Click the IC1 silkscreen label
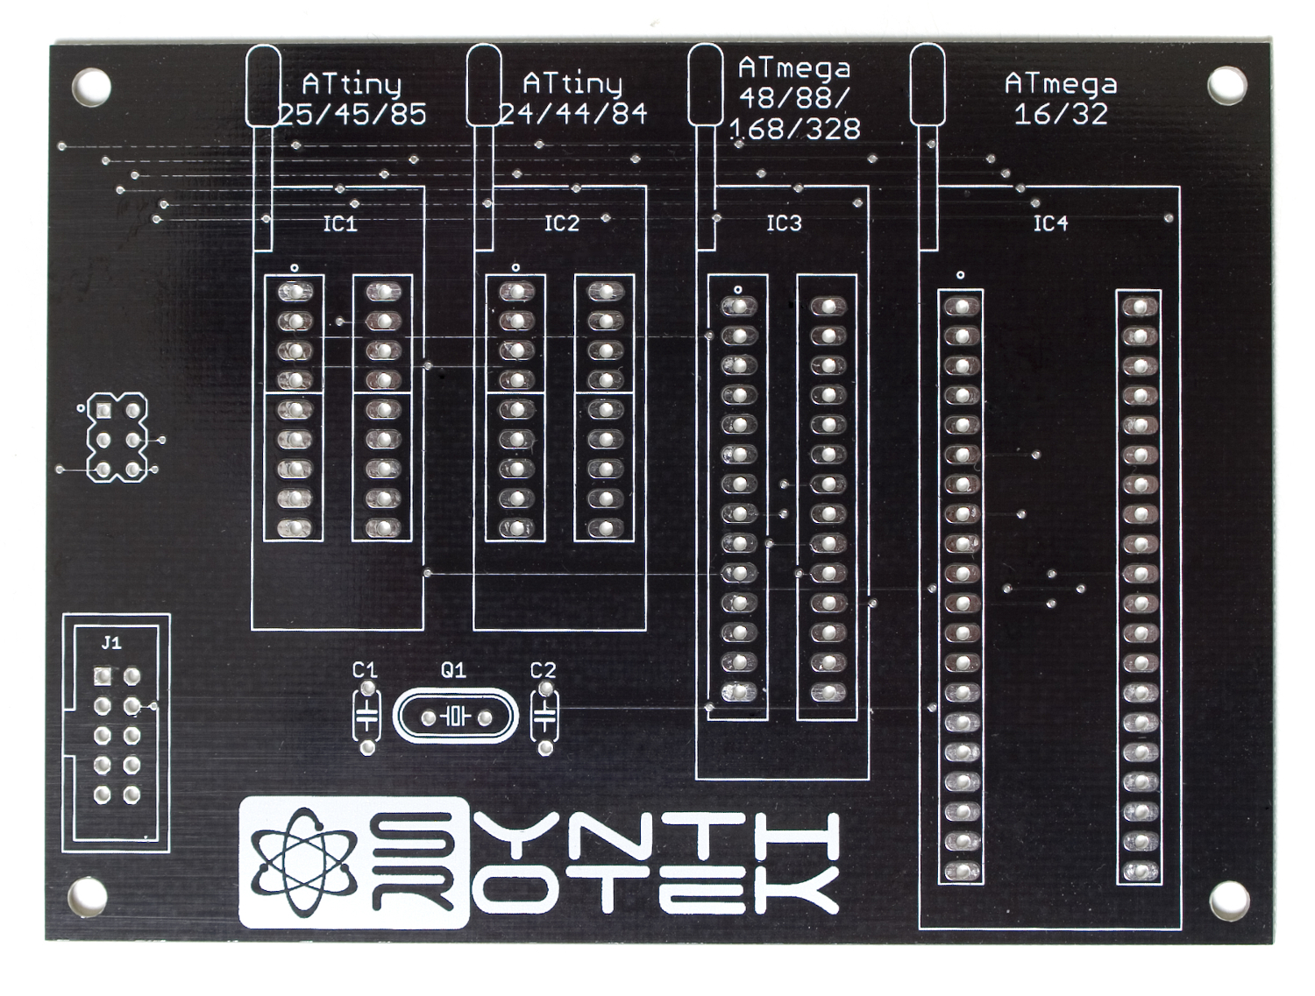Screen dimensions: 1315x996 [x=339, y=224]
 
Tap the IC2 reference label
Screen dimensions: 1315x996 [x=561, y=223]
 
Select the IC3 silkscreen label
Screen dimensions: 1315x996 [x=784, y=223]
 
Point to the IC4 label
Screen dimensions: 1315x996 [x=1050, y=223]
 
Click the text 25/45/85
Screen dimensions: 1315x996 [x=353, y=114]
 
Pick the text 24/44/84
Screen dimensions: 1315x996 [x=573, y=114]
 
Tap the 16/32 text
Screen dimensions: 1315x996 [x=1061, y=114]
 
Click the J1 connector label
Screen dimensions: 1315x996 [x=111, y=644]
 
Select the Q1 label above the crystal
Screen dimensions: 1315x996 [x=453, y=670]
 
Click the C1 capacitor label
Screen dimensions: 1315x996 [x=364, y=670]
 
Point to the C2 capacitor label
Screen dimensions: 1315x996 [x=543, y=670]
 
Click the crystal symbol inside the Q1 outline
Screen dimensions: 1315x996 [x=457, y=717]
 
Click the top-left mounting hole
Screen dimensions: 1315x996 [x=91, y=86]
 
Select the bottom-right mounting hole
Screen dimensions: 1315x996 [x=1227, y=904]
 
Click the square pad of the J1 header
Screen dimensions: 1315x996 [x=103, y=677]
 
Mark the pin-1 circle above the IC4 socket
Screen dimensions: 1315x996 [x=960, y=275]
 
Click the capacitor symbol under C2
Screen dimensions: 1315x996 [x=544, y=717]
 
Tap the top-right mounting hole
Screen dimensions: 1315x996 [x=1227, y=86]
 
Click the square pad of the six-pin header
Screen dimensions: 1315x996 [x=103, y=410]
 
